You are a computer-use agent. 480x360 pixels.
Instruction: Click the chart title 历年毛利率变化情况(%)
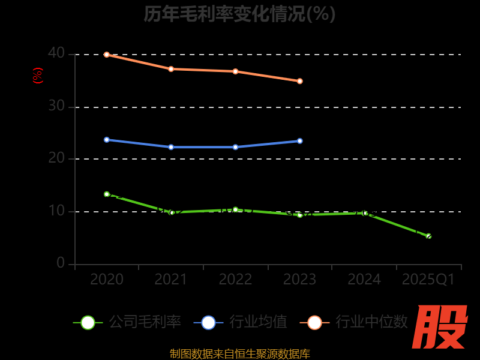(x=239, y=14)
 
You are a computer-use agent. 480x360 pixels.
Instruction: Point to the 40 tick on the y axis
(x=56, y=53)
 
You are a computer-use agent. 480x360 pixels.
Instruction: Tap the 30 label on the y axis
(x=56, y=106)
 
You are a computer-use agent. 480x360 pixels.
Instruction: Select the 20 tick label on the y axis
(x=56, y=158)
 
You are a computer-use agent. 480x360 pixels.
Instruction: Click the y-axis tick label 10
(x=56, y=211)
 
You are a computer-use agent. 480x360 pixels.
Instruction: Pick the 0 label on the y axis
(x=61, y=263)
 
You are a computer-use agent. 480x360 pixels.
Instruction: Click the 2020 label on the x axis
(x=107, y=280)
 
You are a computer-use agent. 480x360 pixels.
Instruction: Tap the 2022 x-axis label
(x=235, y=280)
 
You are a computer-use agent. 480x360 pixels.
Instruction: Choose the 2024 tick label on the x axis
(x=364, y=280)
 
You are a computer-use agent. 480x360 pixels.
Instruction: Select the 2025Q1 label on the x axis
(x=428, y=280)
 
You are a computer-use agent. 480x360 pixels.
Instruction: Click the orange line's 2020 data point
(x=107, y=55)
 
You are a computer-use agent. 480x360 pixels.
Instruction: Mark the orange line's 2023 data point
(x=299, y=81)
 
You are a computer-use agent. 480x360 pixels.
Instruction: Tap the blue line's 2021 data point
(x=171, y=147)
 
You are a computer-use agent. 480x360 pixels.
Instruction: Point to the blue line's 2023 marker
(x=299, y=141)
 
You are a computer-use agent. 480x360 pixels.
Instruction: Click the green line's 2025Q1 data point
(x=428, y=236)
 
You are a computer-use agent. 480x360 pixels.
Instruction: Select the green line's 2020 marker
(x=107, y=194)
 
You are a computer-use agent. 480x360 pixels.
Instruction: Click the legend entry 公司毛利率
(x=128, y=322)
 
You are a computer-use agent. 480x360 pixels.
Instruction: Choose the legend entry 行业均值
(x=241, y=322)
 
